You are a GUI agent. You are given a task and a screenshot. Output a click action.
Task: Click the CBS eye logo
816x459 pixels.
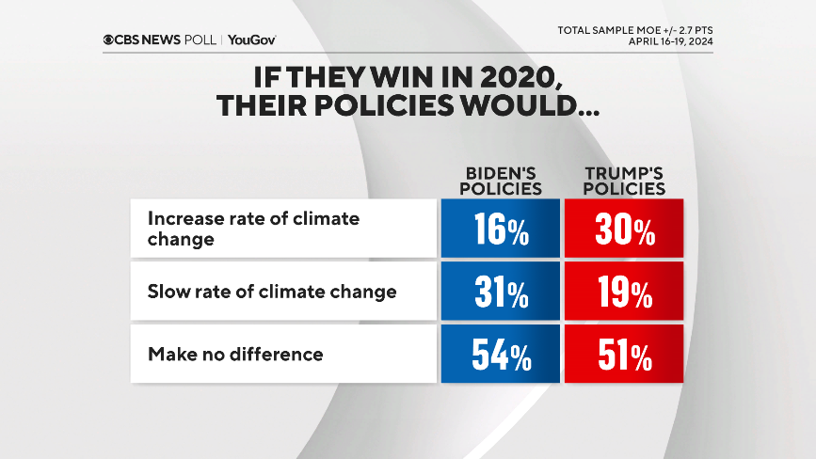(x=110, y=40)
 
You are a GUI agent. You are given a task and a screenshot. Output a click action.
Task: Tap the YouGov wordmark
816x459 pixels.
(x=252, y=40)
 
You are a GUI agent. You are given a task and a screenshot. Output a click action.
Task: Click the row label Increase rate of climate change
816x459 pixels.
(x=254, y=229)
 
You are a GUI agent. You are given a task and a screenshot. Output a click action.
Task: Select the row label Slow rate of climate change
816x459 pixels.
(x=272, y=292)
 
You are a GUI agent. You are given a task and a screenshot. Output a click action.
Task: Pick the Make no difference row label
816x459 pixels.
(x=235, y=355)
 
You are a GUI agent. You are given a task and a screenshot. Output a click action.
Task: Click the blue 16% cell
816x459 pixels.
(x=501, y=229)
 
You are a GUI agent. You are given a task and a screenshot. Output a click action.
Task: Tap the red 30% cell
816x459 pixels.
(x=623, y=229)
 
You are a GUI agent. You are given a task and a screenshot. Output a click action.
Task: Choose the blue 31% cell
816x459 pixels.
(x=501, y=293)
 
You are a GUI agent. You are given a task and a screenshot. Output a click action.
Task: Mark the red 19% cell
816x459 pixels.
(x=623, y=293)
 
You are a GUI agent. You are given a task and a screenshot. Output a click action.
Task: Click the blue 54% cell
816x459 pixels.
(x=501, y=356)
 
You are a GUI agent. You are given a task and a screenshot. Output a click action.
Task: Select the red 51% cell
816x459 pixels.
(x=623, y=356)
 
